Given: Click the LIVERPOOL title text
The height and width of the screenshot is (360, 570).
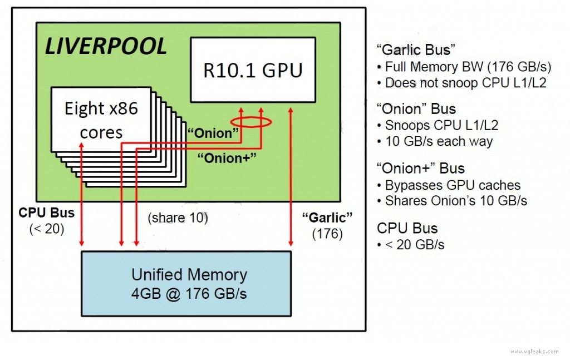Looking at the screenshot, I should pos(106,47).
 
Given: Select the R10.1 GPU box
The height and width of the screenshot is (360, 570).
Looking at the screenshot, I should pos(253,70).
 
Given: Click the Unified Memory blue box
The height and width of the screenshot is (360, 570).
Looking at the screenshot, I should pos(186,283).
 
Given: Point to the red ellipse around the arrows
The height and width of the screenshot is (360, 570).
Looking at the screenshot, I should pos(251,122).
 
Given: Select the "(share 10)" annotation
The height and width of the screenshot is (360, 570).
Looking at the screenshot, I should pos(178,218).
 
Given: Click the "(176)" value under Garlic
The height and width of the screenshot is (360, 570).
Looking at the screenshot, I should pos(327,234).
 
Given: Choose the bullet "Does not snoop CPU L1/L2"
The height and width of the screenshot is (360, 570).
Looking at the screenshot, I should pos(459,83).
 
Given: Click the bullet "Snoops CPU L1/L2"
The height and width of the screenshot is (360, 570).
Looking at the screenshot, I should pos(437,126).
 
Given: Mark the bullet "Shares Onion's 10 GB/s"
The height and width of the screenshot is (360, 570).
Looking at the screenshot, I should pos(453,201).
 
